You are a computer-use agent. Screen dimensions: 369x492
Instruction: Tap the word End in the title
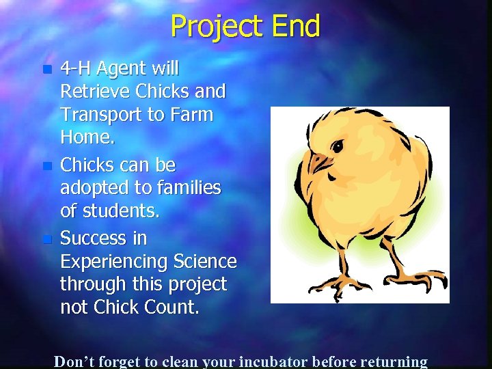click(295, 27)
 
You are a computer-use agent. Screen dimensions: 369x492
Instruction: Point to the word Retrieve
click(95, 92)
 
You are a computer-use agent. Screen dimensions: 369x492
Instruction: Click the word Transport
click(100, 115)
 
